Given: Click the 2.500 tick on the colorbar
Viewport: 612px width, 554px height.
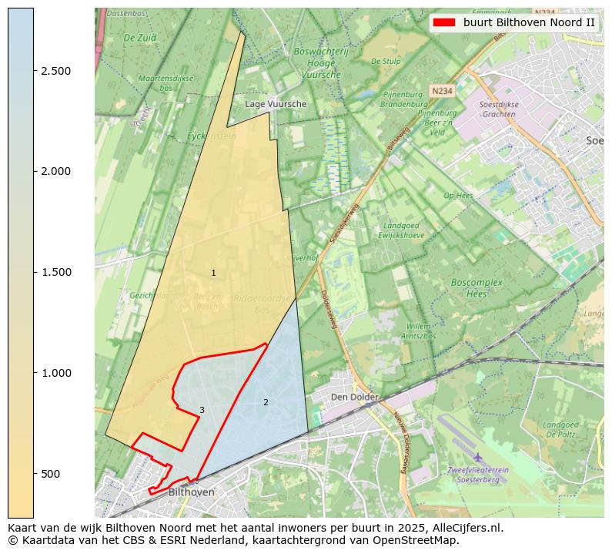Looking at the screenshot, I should pyautogui.click(x=34, y=71).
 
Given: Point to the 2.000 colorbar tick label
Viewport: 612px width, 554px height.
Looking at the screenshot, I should pyautogui.click(x=56, y=171).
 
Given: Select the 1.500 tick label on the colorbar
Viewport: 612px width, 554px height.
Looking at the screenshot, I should pyautogui.click(x=56, y=272).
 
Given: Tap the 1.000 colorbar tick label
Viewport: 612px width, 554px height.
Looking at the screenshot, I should pyautogui.click(x=56, y=373).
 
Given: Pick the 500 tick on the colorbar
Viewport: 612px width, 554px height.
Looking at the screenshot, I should pyautogui.click(x=34, y=473).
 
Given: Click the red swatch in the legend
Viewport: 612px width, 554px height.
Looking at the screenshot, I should pyautogui.click(x=444, y=22).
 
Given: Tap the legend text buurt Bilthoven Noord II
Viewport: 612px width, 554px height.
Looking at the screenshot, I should pyautogui.click(x=529, y=22).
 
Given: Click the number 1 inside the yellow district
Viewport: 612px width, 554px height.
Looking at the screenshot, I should pyautogui.click(x=213, y=274).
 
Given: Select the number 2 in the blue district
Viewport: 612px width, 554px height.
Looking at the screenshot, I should pyautogui.click(x=266, y=402).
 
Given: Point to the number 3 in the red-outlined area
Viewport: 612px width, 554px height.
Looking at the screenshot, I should pyautogui.click(x=202, y=410).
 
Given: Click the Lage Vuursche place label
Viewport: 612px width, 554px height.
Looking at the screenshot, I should pyautogui.click(x=276, y=104).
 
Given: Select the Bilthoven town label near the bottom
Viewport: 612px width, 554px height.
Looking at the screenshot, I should pyautogui.click(x=191, y=492).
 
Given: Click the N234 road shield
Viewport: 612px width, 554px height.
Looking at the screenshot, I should pyautogui.click(x=441, y=91).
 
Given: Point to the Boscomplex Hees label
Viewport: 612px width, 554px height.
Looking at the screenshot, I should pyautogui.click(x=477, y=288).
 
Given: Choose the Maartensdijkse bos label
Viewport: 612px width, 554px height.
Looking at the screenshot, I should pyautogui.click(x=166, y=83).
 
